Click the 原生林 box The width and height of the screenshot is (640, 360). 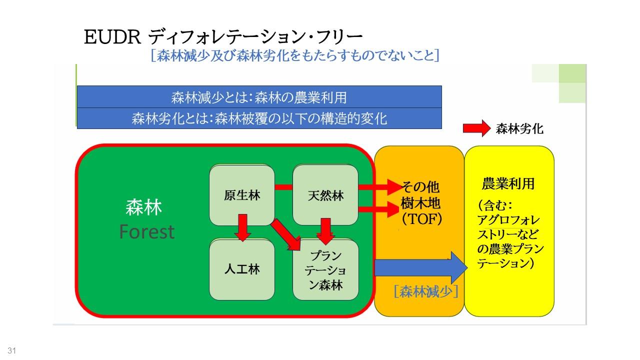pyautogui.click(x=242, y=195)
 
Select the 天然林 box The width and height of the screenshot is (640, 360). pyautogui.click(x=325, y=195)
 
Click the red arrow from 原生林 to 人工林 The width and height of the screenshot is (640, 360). pyautogui.click(x=243, y=227)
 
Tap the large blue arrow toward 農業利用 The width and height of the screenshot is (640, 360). pyautogui.click(x=420, y=268)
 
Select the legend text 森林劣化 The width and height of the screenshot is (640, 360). pyautogui.click(x=519, y=129)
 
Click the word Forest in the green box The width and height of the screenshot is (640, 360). pyautogui.click(x=147, y=231)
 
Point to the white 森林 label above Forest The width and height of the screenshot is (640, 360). pyautogui.click(x=144, y=207)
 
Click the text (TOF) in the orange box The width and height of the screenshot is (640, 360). pyautogui.click(x=420, y=219)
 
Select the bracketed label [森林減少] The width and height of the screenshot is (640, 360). pyautogui.click(x=426, y=292)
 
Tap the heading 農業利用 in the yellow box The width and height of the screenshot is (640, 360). pyautogui.click(x=508, y=184)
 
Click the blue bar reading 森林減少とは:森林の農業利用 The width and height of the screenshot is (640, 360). pyautogui.click(x=259, y=97)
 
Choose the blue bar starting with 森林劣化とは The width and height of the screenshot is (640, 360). pyautogui.click(x=259, y=118)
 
